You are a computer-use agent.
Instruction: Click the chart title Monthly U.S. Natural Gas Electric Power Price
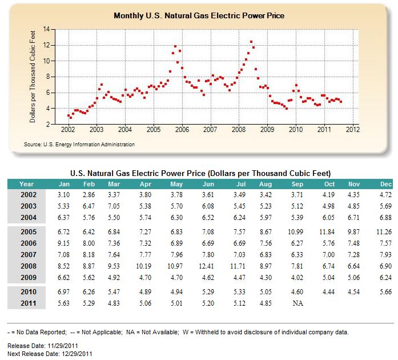pyautogui.click(x=199, y=16)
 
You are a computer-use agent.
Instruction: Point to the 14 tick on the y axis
pyautogui.click(x=46, y=29)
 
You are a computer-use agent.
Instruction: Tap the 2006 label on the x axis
pyautogui.click(x=182, y=130)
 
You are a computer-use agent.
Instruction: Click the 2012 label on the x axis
pyautogui.click(x=353, y=130)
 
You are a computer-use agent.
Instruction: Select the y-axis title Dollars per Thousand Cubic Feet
pyautogui.click(x=32, y=77)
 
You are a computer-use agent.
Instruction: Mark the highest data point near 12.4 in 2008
pyautogui.click(x=251, y=42)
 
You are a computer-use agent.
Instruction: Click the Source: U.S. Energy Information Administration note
pyautogui.click(x=79, y=145)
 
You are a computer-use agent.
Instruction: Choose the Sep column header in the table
pyautogui.click(x=298, y=184)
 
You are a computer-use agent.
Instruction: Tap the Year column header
pyautogui.click(x=26, y=184)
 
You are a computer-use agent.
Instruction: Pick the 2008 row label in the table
pyautogui.click(x=29, y=266)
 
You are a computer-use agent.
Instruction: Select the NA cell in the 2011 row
pyautogui.click(x=298, y=303)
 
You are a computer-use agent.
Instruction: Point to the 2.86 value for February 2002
pyautogui.click(x=89, y=195)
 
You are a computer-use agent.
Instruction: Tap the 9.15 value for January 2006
pyautogui.click(x=63, y=243)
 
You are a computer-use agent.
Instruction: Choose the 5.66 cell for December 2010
pyautogui.click(x=385, y=291)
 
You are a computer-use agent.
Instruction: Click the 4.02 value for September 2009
pyautogui.click(x=297, y=278)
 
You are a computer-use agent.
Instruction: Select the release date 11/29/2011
pyautogui.click(x=63, y=346)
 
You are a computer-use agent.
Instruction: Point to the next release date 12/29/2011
pyautogui.click(x=76, y=354)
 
